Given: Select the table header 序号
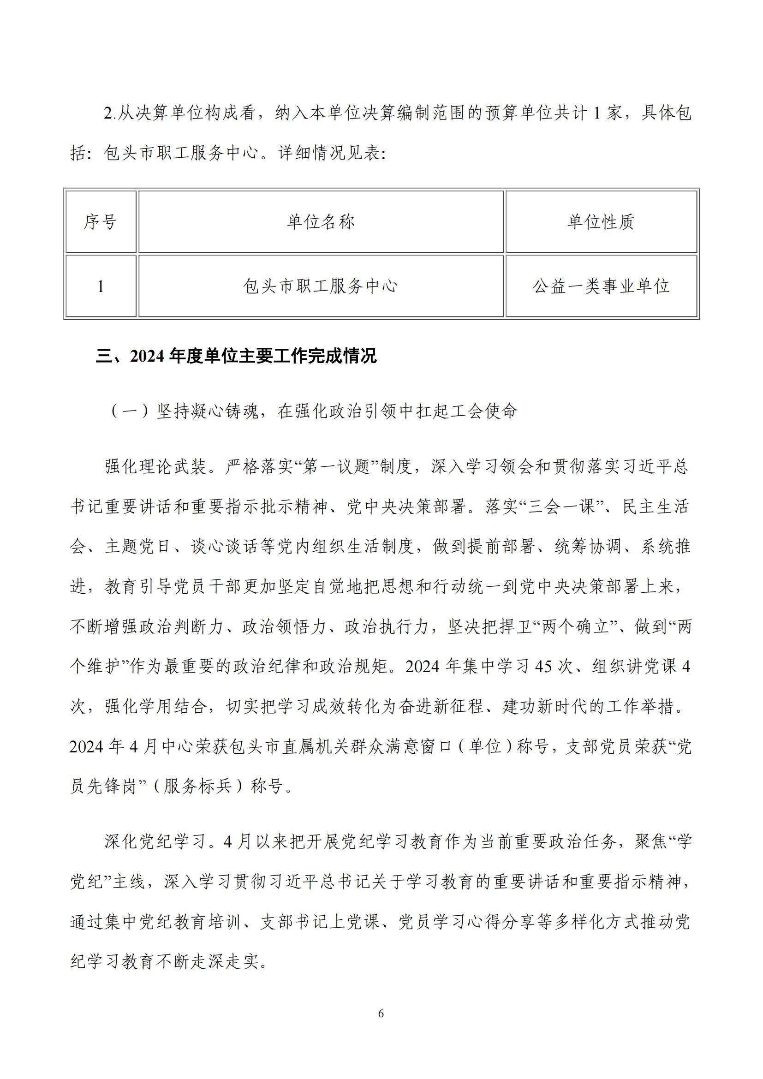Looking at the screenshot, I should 100,222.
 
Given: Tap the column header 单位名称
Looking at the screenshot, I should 321,222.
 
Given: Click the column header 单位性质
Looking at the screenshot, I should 601,222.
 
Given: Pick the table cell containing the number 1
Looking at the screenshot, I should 100,286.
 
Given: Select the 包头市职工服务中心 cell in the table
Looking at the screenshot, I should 321,286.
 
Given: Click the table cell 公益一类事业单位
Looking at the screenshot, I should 601,286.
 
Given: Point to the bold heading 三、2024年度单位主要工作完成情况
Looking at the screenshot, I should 236,356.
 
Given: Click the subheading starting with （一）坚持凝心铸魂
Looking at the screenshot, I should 314,411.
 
